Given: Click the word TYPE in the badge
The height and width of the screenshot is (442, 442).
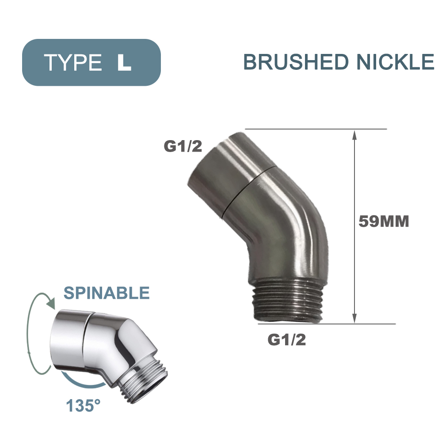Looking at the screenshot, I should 73,62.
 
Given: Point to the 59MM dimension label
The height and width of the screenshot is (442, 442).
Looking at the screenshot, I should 383,221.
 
